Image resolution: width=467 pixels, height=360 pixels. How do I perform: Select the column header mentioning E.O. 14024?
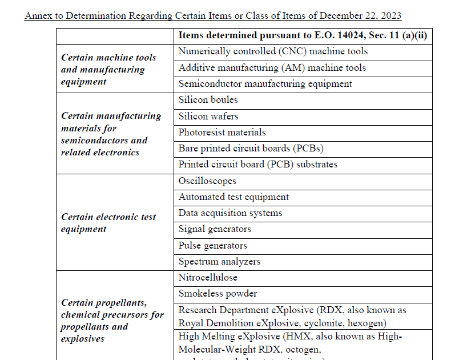click(303, 35)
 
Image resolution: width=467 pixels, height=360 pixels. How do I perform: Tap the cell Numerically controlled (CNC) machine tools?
click(273, 51)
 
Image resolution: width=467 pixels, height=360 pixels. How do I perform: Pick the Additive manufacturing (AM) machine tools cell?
click(272, 68)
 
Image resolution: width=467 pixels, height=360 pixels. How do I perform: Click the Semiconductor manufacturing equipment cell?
click(265, 84)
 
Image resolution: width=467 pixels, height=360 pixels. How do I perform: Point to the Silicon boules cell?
click(208, 100)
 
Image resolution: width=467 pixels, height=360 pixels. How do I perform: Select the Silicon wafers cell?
click(208, 116)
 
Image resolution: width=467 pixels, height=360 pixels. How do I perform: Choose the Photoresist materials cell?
click(222, 133)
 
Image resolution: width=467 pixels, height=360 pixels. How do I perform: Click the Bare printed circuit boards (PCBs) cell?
click(251, 149)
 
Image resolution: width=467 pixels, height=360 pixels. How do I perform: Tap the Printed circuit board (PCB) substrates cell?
click(257, 165)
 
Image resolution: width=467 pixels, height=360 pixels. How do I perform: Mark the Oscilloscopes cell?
click(207, 181)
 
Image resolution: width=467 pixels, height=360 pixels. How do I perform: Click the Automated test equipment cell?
click(234, 197)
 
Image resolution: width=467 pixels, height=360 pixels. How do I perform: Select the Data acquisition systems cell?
click(230, 213)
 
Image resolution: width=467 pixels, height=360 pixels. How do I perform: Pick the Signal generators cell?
click(215, 229)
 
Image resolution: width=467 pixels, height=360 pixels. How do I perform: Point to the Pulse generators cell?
click(212, 246)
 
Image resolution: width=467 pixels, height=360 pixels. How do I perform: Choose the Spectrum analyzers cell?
click(219, 262)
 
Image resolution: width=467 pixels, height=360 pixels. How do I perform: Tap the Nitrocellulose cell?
click(208, 278)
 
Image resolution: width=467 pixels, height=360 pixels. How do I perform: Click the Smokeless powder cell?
click(218, 294)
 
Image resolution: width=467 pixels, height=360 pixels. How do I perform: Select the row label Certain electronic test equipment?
click(108, 223)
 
